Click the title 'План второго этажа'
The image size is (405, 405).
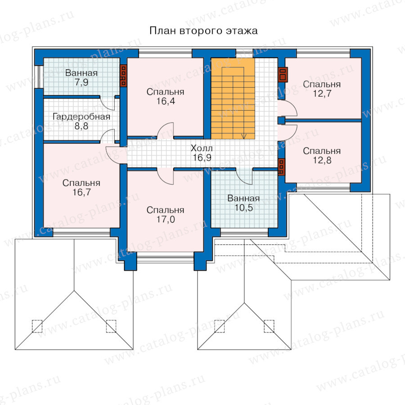click(203, 31)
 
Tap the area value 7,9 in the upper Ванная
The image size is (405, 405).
click(81, 82)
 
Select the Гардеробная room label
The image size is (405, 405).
click(81, 117)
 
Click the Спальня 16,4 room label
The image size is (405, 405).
click(165, 96)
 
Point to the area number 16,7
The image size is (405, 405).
click(81, 193)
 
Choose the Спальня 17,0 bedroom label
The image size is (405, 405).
click(165, 215)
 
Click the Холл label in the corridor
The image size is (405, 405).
click(202, 148)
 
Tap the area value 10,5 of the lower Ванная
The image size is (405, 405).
click(243, 207)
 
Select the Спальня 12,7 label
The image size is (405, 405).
click(322, 89)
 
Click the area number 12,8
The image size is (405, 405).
click(322, 160)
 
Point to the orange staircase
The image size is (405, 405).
click(233, 99)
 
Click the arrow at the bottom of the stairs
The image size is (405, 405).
click(244, 136)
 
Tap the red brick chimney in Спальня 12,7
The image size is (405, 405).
click(283, 74)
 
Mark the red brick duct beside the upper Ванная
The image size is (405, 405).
click(123, 76)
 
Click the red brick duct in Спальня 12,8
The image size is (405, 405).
click(281, 167)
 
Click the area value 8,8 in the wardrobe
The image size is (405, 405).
click(81, 126)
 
